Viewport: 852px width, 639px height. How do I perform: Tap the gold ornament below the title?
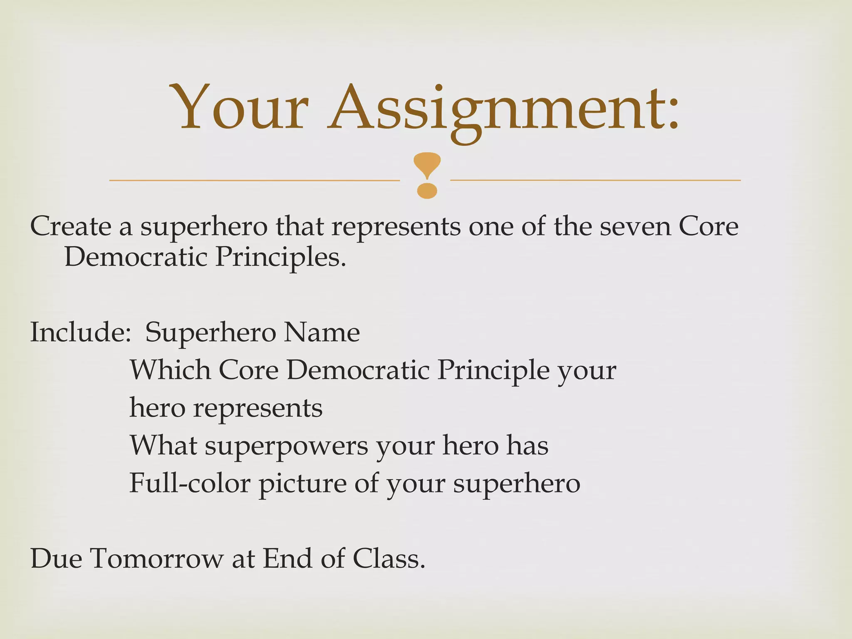click(x=427, y=175)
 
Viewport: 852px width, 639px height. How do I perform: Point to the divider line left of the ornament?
click(x=254, y=181)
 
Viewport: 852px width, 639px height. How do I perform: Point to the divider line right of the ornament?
click(x=595, y=180)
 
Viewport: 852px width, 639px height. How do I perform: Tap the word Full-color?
click(x=190, y=483)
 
